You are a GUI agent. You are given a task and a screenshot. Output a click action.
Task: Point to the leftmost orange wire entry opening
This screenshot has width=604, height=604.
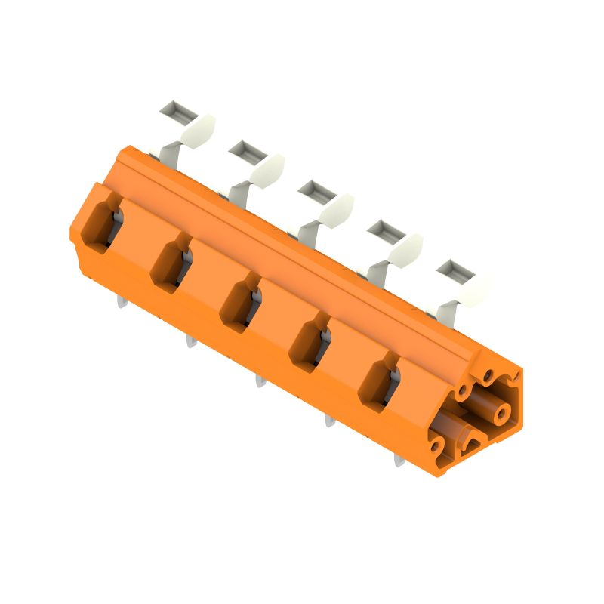point(100,223)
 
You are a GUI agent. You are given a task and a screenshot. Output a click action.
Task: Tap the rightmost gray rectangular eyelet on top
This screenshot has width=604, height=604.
point(452,270)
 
